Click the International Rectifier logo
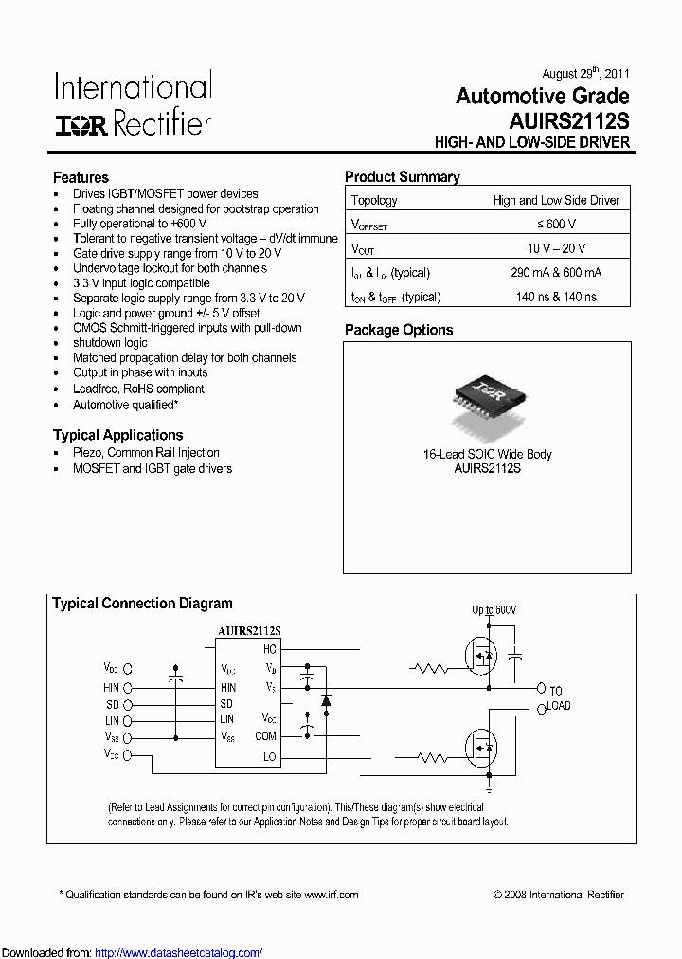(133, 104)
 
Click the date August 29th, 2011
(585, 73)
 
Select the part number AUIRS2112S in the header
(568, 121)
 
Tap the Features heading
(81, 177)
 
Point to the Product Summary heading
(403, 177)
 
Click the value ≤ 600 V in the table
(556, 225)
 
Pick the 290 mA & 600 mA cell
(556, 273)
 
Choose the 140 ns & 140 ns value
(556, 297)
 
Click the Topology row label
(374, 200)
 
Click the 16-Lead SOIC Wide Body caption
(487, 454)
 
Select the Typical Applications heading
(117, 435)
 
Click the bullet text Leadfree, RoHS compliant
(138, 389)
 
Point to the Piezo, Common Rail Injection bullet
(146, 453)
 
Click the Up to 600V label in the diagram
(494, 609)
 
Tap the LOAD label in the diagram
(558, 706)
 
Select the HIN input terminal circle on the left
(128, 688)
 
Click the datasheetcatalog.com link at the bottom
(179, 952)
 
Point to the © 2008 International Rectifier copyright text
(559, 894)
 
